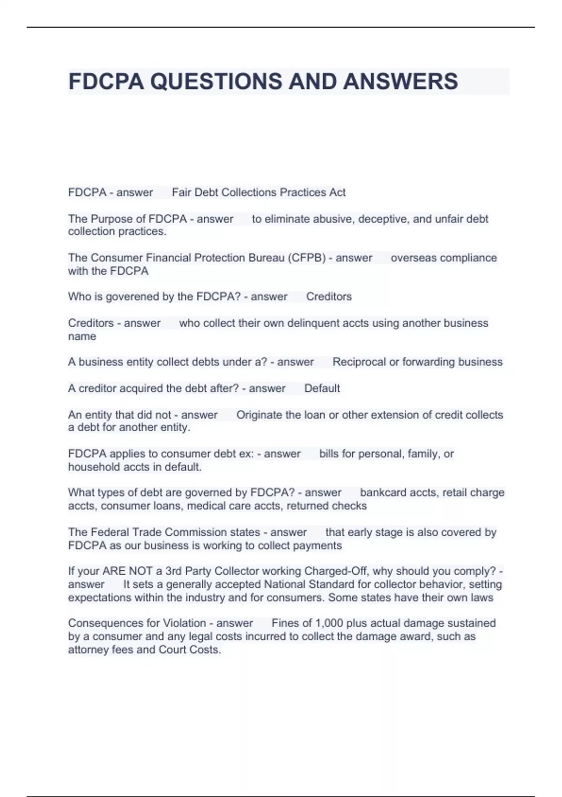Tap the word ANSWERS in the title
400,82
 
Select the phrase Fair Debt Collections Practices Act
259,192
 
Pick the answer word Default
322,388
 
